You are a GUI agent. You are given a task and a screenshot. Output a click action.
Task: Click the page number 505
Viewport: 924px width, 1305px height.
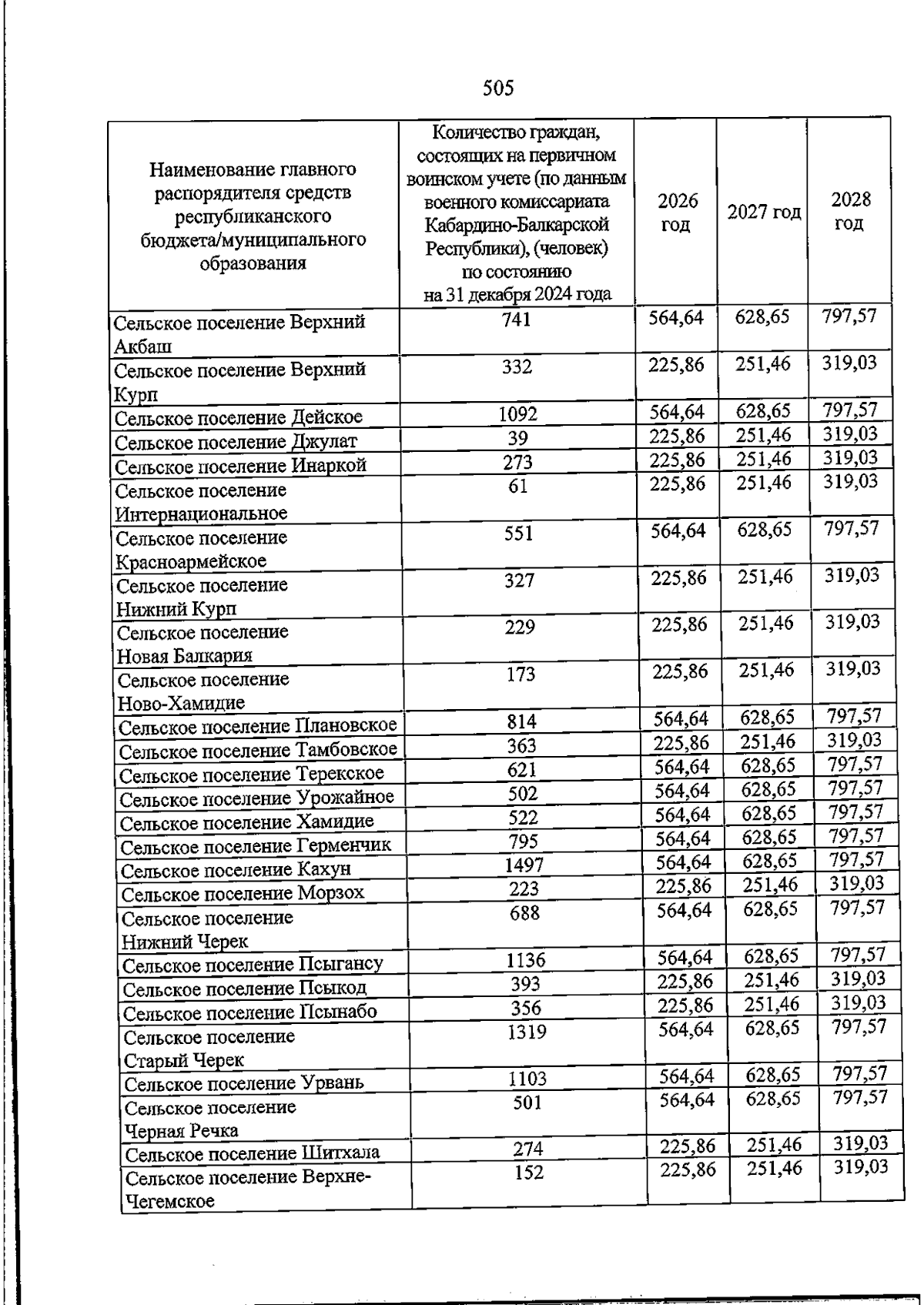point(498,89)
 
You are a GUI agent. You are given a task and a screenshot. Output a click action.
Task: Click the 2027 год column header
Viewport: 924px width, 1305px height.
point(764,212)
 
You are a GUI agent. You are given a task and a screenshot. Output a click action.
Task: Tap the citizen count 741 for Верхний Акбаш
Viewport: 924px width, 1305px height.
point(516,320)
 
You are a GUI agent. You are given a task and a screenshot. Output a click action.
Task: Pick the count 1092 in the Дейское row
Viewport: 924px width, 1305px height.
point(517,415)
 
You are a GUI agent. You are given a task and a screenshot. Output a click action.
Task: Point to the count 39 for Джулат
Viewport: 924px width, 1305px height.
point(518,439)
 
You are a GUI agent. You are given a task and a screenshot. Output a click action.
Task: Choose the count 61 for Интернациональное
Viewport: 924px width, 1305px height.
point(518,487)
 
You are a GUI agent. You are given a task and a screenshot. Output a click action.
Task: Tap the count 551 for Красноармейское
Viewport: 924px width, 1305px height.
point(519,534)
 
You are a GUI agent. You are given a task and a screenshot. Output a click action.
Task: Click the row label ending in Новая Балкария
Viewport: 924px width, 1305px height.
point(203,644)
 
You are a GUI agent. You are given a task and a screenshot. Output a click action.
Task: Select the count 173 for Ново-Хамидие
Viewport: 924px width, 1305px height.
point(521,675)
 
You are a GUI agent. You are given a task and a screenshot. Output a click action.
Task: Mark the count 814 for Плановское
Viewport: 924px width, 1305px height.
point(521,722)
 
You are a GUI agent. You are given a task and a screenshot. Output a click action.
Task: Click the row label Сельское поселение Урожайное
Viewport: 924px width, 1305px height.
point(257,798)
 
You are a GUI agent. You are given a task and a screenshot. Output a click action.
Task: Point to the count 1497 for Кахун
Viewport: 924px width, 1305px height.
point(524,865)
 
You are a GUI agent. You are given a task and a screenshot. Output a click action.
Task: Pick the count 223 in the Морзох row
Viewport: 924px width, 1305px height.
point(524,889)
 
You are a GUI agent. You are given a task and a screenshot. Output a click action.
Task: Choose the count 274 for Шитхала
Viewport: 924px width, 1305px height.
point(528,1149)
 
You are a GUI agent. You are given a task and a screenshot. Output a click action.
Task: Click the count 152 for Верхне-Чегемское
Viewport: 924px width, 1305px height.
point(528,1173)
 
